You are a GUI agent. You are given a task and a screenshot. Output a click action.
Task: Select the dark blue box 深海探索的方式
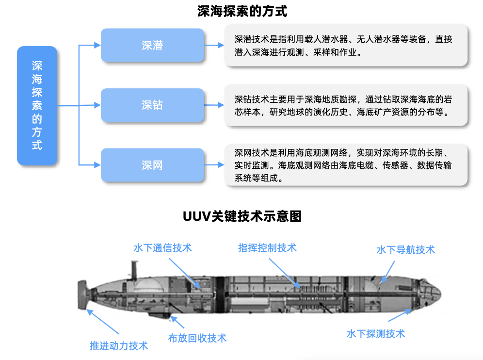point(37,105)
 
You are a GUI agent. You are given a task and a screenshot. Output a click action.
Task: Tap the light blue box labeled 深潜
point(152,45)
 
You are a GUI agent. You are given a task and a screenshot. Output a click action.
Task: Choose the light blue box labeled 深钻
point(152,105)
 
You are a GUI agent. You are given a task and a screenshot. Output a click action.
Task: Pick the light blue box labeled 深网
point(152,165)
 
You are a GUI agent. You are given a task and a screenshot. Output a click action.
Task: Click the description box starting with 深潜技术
point(346,45)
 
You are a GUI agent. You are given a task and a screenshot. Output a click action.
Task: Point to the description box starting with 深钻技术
point(346,105)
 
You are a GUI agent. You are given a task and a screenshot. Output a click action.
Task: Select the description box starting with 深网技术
point(346,165)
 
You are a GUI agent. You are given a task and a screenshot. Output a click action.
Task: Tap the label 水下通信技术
point(162,248)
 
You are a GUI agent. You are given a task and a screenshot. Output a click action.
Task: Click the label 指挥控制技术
point(267,248)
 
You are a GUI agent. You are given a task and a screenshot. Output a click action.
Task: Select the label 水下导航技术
point(405,250)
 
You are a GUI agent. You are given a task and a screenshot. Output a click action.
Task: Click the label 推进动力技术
point(119,346)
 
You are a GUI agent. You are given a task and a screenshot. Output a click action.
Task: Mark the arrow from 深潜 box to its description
point(214,45)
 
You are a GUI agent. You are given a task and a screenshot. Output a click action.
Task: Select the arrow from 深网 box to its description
point(214,165)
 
